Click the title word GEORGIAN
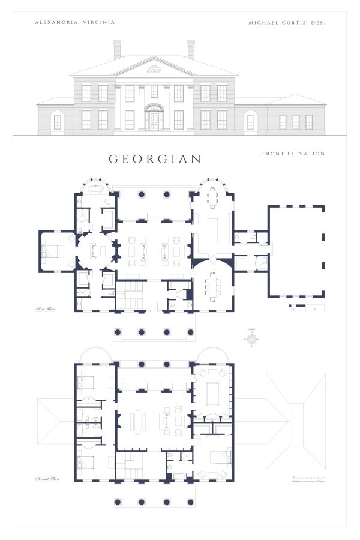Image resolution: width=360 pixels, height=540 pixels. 155,159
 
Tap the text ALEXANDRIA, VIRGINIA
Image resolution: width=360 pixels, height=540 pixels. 75,22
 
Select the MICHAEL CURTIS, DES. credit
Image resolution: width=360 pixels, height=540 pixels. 286,22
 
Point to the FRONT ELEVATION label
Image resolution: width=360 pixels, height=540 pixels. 293,154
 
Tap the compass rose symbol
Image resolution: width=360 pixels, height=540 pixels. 253,339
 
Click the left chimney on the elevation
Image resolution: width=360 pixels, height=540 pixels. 117,49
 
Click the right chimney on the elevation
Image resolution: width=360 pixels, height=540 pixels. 191,49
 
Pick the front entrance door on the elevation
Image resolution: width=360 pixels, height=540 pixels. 154,121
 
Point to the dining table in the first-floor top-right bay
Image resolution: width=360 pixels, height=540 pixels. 212,197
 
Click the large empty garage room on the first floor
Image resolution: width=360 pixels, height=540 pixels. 296,251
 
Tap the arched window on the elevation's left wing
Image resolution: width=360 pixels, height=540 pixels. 58,121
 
